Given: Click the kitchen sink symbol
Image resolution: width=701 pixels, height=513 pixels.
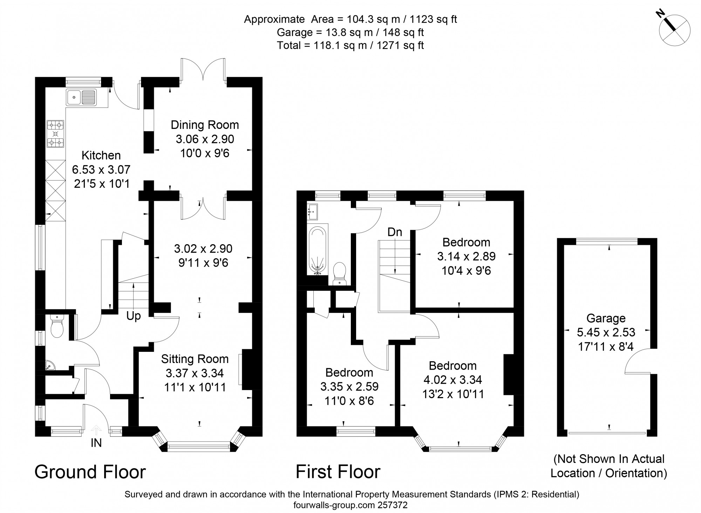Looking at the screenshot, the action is point(81,97).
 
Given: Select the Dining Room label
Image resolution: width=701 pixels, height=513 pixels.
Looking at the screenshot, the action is point(205,125).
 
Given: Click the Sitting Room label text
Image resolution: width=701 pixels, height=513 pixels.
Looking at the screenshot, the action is point(195,359).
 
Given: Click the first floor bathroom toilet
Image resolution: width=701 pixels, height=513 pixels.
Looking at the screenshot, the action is point(339,273).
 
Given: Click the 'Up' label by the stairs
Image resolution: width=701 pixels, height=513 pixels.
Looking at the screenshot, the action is point(134,316).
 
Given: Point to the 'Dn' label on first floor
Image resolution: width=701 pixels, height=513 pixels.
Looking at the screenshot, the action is point(395,232).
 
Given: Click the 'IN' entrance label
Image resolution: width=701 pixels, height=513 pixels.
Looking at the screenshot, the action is point(96,443).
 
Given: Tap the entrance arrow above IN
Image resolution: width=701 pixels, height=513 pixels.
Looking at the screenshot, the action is point(96,430).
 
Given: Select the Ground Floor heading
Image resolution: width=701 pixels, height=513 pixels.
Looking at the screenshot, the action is point(90,472).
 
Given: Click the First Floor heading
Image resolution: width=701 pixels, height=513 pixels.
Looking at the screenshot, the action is point(338,472).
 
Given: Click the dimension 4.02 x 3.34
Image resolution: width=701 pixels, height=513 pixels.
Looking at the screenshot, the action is point(452,380).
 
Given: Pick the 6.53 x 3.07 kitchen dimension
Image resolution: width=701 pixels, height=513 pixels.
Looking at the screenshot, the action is point(101,170).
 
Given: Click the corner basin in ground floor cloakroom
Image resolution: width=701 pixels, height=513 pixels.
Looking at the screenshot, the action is point(50,366).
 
